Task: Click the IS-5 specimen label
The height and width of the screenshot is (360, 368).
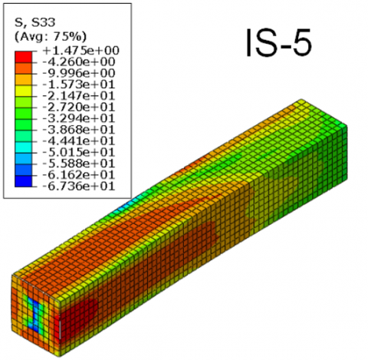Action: click(278, 42)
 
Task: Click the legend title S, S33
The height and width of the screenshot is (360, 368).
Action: click(34, 22)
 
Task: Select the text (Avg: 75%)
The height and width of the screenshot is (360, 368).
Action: click(51, 37)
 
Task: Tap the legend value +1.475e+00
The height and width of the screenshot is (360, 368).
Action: click(81, 51)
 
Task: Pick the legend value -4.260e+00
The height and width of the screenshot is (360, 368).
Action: click(79, 61)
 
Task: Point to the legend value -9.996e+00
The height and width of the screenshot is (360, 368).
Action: click(79, 73)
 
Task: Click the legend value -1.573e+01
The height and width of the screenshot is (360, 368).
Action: click(79, 84)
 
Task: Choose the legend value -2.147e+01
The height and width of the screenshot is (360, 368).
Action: click(79, 96)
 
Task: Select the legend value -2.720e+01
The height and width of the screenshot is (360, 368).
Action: click(79, 107)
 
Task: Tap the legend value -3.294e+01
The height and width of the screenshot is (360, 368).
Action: click(79, 118)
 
